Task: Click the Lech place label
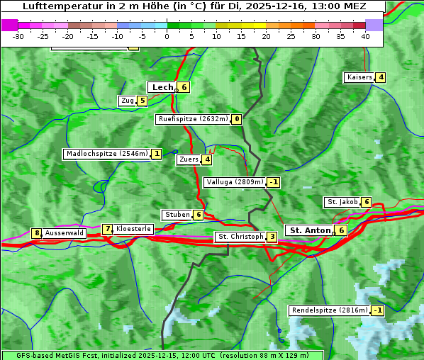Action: tap(162, 87)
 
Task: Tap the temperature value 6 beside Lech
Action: tap(184, 87)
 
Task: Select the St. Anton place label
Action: tap(310, 230)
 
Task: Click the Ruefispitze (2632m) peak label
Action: tap(193, 119)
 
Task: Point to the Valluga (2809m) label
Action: tap(235, 182)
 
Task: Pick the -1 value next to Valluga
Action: tap(273, 182)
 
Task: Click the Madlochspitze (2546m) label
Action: tap(106, 154)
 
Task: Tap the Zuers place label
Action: tap(188, 159)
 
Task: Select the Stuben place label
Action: tap(177, 215)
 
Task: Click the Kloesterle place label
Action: tap(133, 229)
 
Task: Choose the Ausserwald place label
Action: tap(65, 232)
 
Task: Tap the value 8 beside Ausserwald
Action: tap(36, 233)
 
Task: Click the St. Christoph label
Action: tap(240, 237)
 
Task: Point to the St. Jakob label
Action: tap(342, 202)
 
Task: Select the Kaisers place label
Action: tap(359, 77)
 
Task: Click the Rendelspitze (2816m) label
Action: tap(330, 310)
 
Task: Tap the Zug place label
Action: tap(127, 101)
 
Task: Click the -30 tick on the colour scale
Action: tap(18, 36)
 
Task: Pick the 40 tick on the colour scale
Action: tap(365, 36)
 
